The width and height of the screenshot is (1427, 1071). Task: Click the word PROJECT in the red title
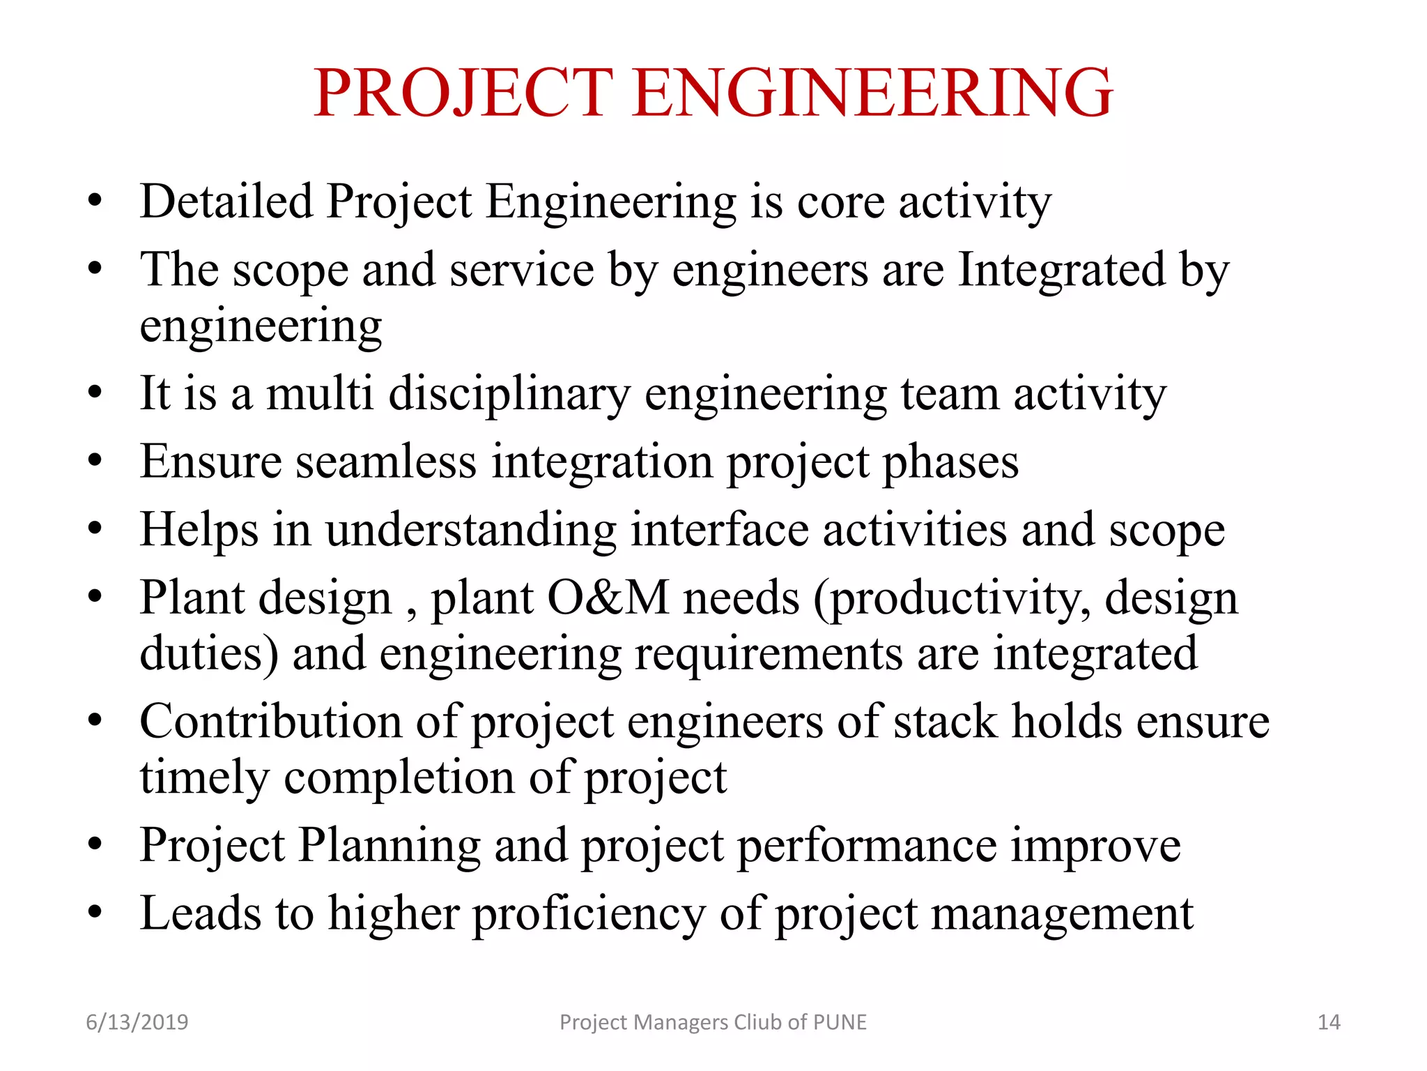pos(463,92)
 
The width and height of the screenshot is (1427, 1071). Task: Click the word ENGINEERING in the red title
pos(873,92)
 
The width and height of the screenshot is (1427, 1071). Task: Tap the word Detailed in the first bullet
pos(226,202)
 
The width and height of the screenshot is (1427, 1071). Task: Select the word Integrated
pos(1061,270)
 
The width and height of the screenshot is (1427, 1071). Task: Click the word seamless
pos(386,462)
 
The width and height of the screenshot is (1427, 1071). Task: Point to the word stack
pos(946,722)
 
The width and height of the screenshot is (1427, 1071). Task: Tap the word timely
pos(204,778)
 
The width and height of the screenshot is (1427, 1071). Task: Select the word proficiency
pos(589,914)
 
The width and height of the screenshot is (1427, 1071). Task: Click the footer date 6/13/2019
pos(137,1022)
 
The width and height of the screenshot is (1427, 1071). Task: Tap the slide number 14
pos(1329,1022)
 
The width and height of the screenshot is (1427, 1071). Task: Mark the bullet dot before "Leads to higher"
pos(95,912)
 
